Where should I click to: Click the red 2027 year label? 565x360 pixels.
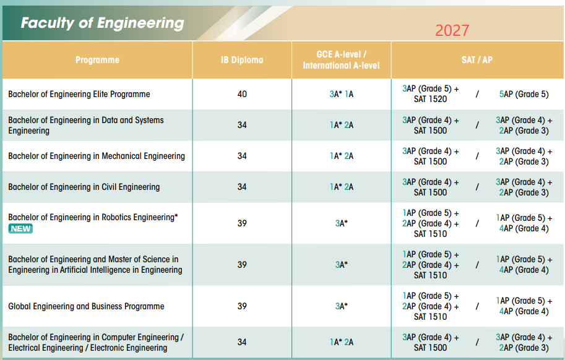[x=452, y=30]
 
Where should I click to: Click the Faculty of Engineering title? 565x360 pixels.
[x=102, y=23]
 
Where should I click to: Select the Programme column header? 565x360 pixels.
[x=97, y=60]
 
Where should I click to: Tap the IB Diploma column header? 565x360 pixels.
[x=242, y=60]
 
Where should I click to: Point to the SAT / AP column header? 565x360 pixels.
[x=477, y=60]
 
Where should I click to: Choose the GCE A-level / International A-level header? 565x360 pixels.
[x=341, y=60]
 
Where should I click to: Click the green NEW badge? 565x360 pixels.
[x=20, y=229]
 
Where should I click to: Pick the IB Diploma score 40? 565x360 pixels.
[x=242, y=94]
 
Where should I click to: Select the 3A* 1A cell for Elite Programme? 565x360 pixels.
[x=341, y=94]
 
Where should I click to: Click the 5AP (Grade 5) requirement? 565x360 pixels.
[x=524, y=94]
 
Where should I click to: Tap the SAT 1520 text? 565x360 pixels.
[x=430, y=99]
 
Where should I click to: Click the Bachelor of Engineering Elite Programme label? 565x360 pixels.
[x=79, y=94]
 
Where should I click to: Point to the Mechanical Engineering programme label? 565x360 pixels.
[x=97, y=156]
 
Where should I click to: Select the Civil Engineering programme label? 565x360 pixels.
[x=84, y=187]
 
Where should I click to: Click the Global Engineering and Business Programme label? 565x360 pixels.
[x=86, y=306]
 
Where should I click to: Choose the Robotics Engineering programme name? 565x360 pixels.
[x=93, y=217]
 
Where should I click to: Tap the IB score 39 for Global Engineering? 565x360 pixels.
[x=242, y=306]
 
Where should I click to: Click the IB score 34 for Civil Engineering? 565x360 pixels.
[x=242, y=187]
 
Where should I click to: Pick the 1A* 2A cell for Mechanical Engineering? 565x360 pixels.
[x=341, y=156]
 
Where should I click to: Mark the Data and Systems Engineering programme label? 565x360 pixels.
[x=86, y=126]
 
